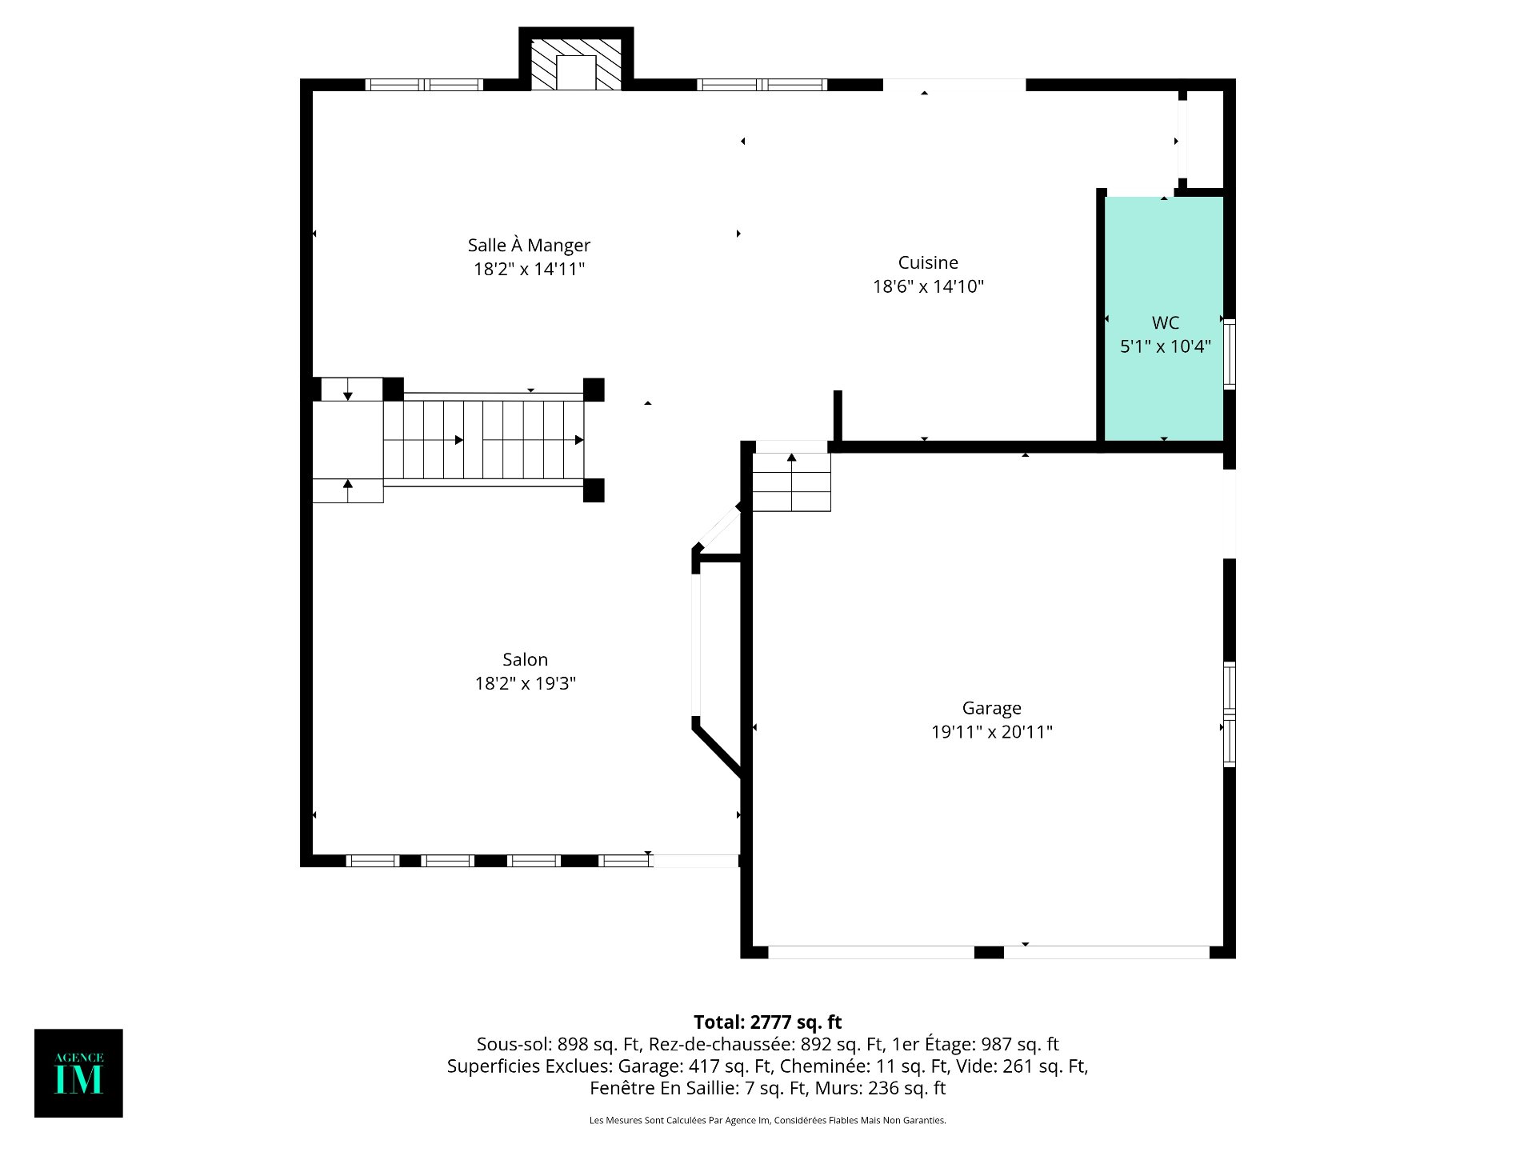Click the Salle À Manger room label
tap(529, 245)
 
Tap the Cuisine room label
tap(928, 262)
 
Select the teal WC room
tap(1164, 318)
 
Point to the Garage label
tap(991, 708)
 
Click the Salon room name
tap(525, 659)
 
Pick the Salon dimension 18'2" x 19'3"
tap(526, 683)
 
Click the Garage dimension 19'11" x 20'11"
tap(991, 732)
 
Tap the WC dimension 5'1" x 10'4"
tap(1166, 346)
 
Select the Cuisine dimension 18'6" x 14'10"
tap(928, 286)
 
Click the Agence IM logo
tap(78, 1073)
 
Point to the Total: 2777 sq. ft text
tap(767, 1022)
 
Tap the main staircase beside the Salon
tap(483, 440)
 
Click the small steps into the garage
tap(791, 482)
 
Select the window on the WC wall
tap(1230, 354)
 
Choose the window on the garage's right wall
tap(1230, 714)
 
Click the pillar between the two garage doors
tap(989, 952)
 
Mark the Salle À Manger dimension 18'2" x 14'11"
tap(529, 269)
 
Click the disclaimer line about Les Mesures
tap(767, 1120)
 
